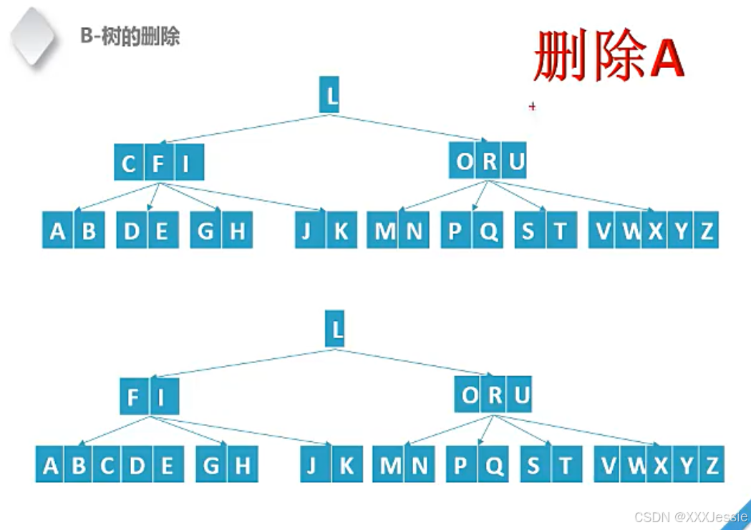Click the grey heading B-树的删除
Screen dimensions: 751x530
(130, 37)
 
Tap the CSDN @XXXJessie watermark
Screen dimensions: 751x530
(690, 517)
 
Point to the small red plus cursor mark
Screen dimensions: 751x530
(532, 107)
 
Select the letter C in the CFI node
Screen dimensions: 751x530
(129, 164)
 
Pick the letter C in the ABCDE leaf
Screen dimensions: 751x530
(107, 466)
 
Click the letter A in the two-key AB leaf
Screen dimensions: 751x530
(58, 231)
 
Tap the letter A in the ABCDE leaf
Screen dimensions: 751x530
(50, 466)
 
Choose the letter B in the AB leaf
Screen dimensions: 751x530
(88, 231)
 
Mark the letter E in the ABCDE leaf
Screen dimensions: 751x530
(167, 466)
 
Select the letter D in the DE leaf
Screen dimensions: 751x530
(132, 231)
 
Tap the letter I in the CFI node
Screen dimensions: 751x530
(186, 164)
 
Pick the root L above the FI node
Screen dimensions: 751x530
(334, 330)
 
